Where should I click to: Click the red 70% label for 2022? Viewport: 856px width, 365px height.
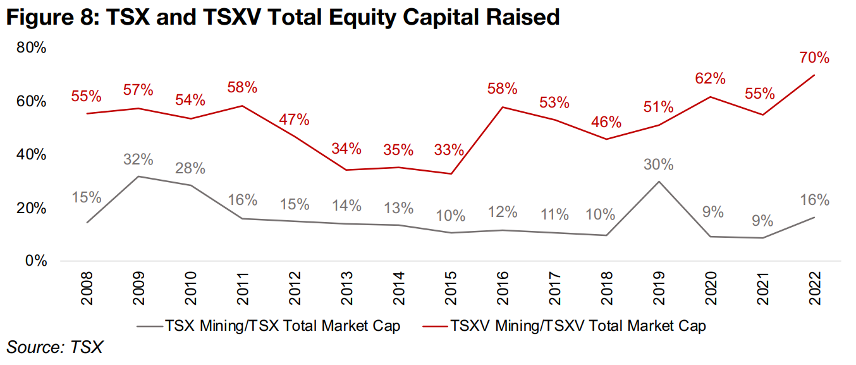pos(814,58)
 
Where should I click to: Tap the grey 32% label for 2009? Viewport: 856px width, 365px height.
pos(138,159)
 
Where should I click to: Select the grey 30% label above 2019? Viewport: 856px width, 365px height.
pos(659,164)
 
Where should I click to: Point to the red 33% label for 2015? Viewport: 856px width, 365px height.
pos(449,151)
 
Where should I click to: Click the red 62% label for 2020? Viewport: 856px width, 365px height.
pos(710,79)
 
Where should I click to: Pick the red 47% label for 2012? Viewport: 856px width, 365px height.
pos(294,119)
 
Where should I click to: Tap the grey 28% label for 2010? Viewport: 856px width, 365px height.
pos(190,168)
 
